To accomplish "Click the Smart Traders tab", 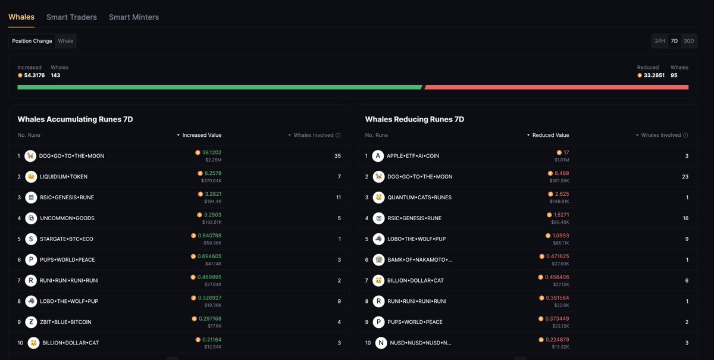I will coord(71,17).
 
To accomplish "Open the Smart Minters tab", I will coord(134,17).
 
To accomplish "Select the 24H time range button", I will coord(659,41).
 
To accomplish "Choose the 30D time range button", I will coord(688,41).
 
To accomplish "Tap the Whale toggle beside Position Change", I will coord(65,41).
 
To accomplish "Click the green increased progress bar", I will coord(219,87).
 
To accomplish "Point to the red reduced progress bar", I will coord(556,87).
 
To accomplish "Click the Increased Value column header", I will coord(202,135).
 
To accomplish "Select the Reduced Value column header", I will coord(550,135).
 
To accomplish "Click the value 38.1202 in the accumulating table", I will coord(211,152).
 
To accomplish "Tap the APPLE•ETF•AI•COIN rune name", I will coord(412,156).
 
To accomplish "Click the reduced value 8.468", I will coord(561,173).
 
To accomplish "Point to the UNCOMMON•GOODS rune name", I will coord(67,218).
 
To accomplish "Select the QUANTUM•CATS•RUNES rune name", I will coord(419,198).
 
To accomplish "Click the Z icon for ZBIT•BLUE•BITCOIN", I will coord(31,322).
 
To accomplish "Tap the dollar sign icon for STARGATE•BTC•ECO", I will coord(31,239).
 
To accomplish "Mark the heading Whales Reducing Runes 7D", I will coord(414,119).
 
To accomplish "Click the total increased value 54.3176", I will coord(35,76).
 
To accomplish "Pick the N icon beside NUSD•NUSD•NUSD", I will coord(381,343).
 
